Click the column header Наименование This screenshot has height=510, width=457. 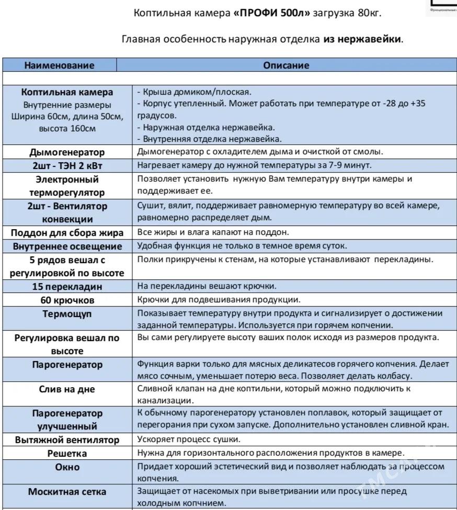tap(60, 65)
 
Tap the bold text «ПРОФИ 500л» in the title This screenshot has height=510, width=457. tap(271, 13)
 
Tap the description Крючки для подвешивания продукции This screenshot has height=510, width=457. tap(219, 300)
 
